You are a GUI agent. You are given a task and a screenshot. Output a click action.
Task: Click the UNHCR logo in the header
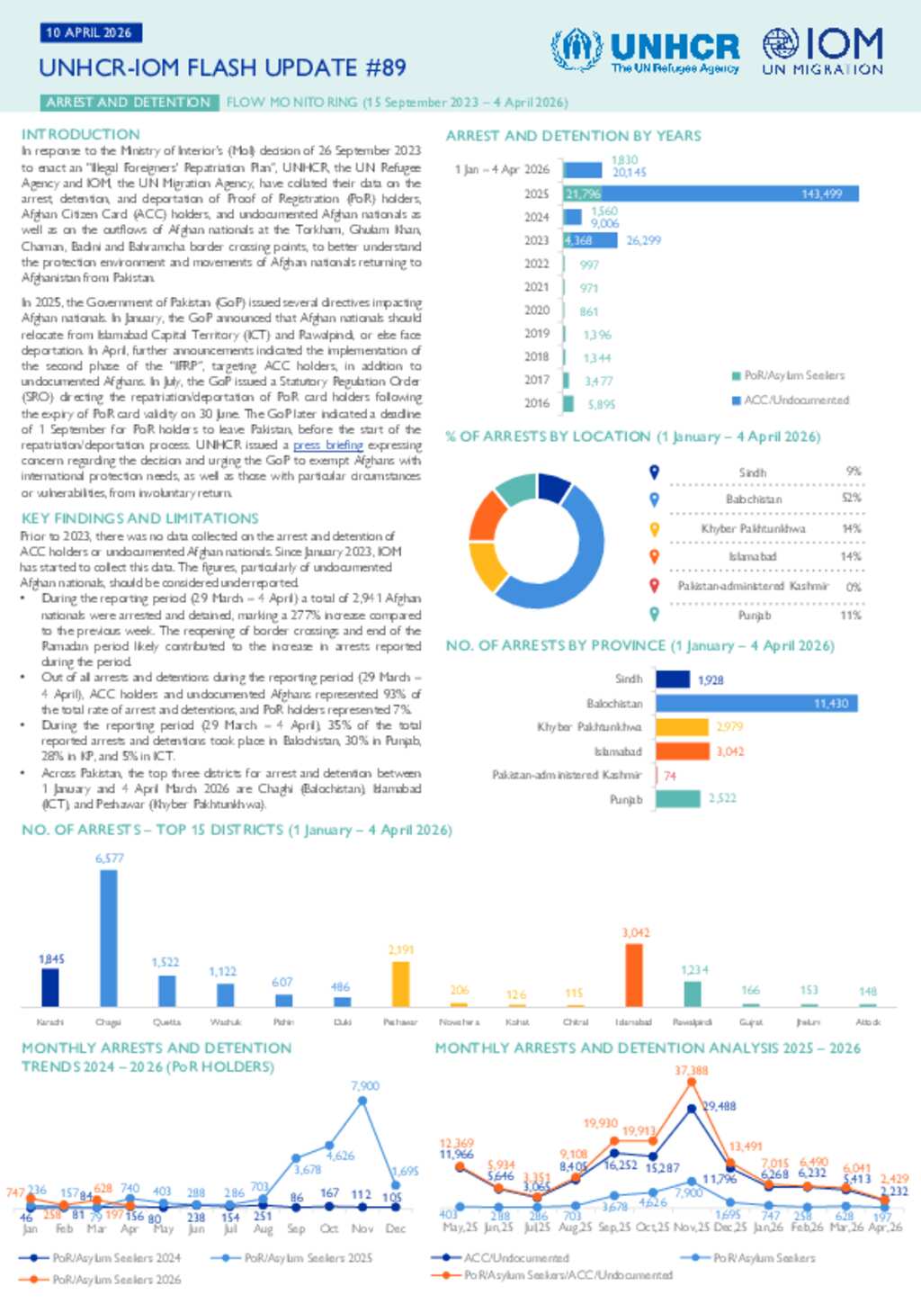(x=645, y=50)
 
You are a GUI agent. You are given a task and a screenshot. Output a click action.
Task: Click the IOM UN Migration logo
(x=822, y=50)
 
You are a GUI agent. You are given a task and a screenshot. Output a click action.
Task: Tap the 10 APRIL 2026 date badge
(x=89, y=32)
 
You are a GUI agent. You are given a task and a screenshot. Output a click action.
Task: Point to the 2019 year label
(x=537, y=334)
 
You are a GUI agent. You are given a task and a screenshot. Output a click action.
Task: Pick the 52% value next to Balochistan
(x=851, y=498)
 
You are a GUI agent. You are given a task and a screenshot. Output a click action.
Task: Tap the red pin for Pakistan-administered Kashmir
(x=655, y=586)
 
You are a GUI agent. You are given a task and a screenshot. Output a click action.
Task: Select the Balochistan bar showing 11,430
(x=756, y=704)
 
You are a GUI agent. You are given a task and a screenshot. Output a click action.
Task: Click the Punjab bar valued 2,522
(x=678, y=798)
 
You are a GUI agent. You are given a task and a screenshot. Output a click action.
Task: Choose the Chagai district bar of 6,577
(x=108, y=938)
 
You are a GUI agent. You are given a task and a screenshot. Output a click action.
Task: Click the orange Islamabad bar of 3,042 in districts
(x=634, y=975)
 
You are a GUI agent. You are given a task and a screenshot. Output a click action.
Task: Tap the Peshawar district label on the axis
(x=400, y=1022)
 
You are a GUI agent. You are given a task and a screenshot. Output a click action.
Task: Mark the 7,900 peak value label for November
(x=364, y=1086)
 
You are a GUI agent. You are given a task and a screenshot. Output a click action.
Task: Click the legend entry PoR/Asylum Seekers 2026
(x=116, y=1280)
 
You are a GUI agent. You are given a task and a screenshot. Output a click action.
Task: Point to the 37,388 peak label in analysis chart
(x=691, y=1071)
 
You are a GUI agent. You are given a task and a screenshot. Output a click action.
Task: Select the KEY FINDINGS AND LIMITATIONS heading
(x=140, y=518)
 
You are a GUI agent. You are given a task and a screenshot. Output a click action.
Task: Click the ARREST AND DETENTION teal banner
(x=129, y=103)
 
